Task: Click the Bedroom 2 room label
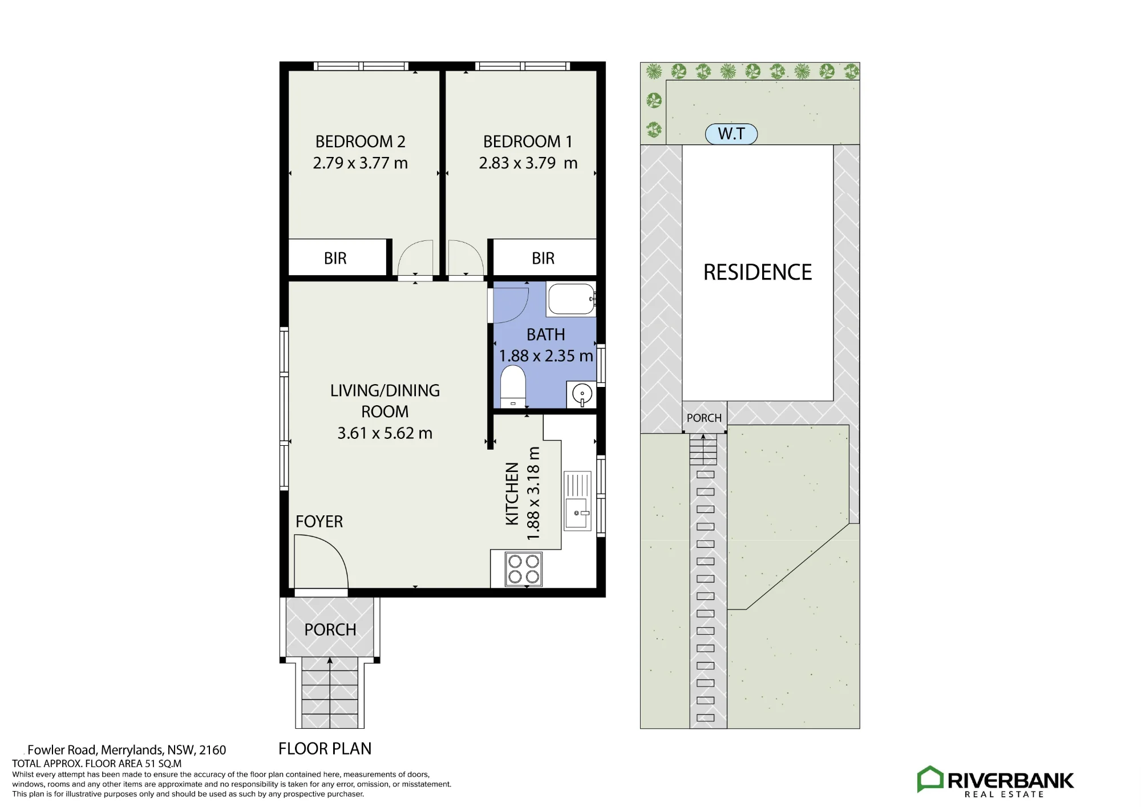pos(360,142)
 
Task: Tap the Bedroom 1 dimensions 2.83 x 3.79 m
pos(528,163)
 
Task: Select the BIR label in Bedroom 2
pos(335,259)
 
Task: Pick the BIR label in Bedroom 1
pos(543,259)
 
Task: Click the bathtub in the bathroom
pos(572,299)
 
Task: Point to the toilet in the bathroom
pos(513,386)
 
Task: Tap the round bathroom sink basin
pos(582,394)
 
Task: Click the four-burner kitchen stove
pos(524,570)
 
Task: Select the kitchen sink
pos(578,501)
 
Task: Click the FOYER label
pos(319,522)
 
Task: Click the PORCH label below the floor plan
pos(330,630)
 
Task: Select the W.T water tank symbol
pos(731,134)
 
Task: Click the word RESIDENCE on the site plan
pos(758,272)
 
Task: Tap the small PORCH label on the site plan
pos(704,418)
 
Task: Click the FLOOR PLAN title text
pos(325,749)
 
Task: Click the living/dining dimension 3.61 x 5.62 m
pos(385,434)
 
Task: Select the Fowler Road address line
pos(127,750)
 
